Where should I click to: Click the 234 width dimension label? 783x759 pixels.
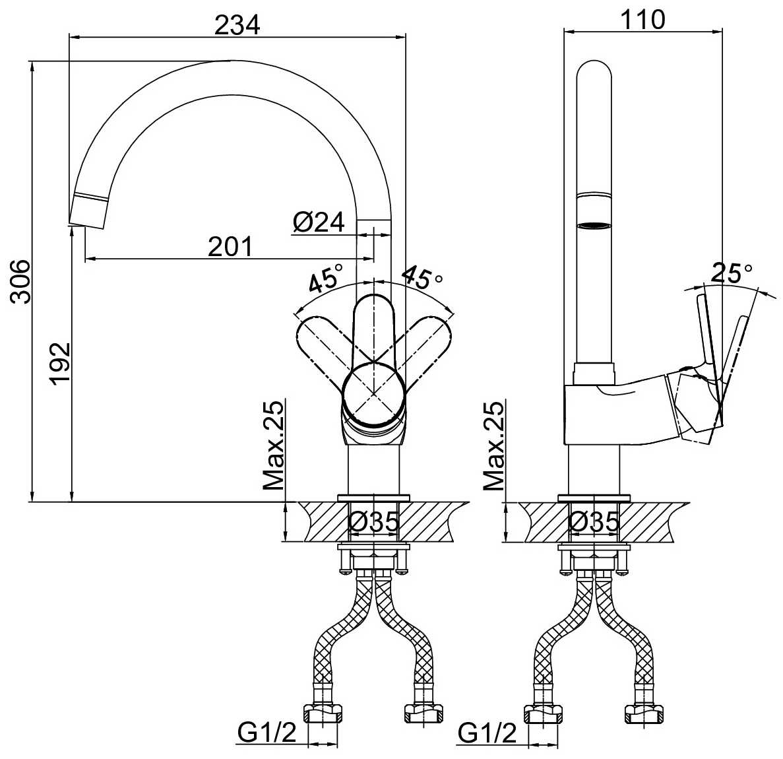coord(237,24)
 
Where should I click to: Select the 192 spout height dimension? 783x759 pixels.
coord(61,363)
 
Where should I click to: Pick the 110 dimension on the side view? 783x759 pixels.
coord(642,20)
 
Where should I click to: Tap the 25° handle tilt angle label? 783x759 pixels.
coord(732,273)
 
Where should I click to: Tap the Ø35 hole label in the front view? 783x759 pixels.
coord(373,521)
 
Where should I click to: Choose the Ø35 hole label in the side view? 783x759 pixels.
coord(594,521)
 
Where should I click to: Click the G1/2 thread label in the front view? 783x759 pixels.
coord(266,733)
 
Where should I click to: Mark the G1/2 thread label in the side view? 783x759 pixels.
coord(487,733)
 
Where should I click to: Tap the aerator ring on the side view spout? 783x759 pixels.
coord(594,226)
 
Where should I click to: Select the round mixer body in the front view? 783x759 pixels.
coord(373,394)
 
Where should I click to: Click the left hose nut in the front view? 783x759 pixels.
coord(323,713)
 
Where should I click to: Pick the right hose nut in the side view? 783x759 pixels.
coord(644,713)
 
